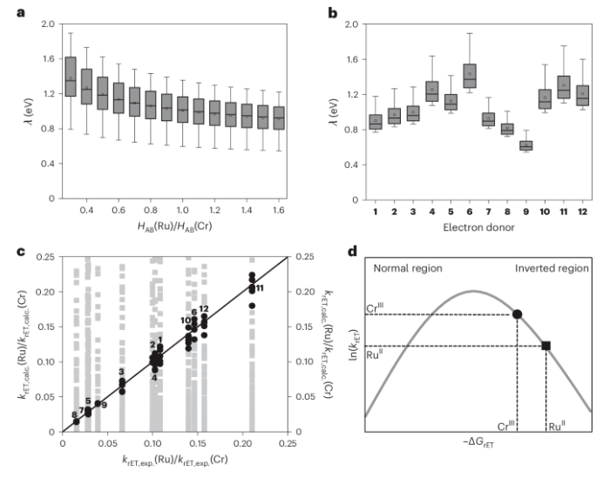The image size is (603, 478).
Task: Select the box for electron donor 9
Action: (525, 145)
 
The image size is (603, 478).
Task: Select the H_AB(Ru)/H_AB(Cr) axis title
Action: (174, 228)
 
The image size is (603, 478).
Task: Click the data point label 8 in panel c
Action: (73, 415)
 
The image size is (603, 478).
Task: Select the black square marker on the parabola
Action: (545, 346)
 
